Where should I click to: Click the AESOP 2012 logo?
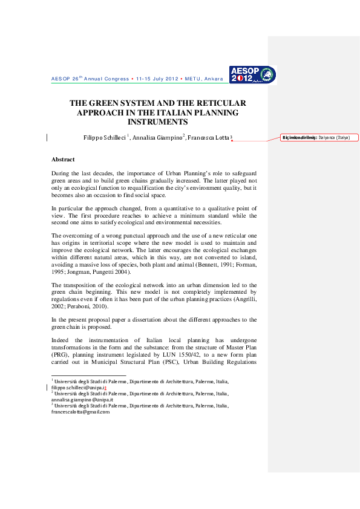(252, 74)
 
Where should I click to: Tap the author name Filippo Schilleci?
(105, 138)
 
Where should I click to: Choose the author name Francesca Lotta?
(208, 138)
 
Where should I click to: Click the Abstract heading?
(63, 160)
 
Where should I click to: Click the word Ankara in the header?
(212, 79)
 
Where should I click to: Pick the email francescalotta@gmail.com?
(80, 412)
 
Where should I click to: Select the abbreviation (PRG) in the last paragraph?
(60, 355)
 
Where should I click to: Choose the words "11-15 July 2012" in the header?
(157, 79)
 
